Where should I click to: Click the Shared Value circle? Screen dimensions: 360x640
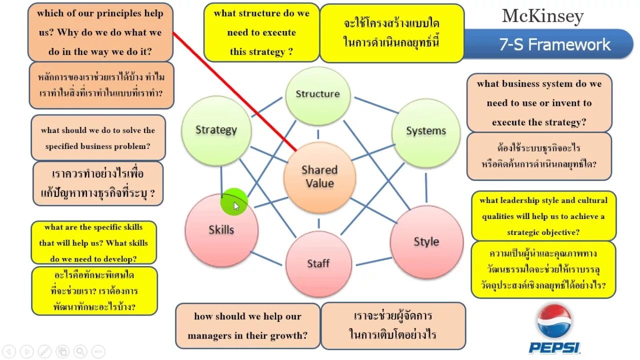pos(319,177)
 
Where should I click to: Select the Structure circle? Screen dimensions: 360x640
pos(317,95)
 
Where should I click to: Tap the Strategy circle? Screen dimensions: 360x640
pos(216,130)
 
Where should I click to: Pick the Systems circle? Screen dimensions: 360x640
pos(425,131)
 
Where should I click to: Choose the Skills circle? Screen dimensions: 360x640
pos(221,230)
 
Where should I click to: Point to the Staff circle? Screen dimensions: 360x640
pos(318,263)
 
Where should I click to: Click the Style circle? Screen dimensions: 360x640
pos(426,242)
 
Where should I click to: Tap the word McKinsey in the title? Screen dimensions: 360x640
pos(542,16)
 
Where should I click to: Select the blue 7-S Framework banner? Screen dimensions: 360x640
pos(550,44)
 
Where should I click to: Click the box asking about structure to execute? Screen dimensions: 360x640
pos(261,32)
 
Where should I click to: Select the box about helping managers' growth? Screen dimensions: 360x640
pos(247,325)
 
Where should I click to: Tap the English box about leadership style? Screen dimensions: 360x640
pos(543,216)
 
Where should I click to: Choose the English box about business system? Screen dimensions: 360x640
pos(539,103)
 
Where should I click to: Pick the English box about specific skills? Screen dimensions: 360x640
pos(93,242)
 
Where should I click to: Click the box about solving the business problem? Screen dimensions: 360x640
pos(98,138)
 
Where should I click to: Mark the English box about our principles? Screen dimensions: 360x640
pos(100,32)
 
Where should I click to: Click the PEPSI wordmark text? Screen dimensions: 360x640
pos(554,347)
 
